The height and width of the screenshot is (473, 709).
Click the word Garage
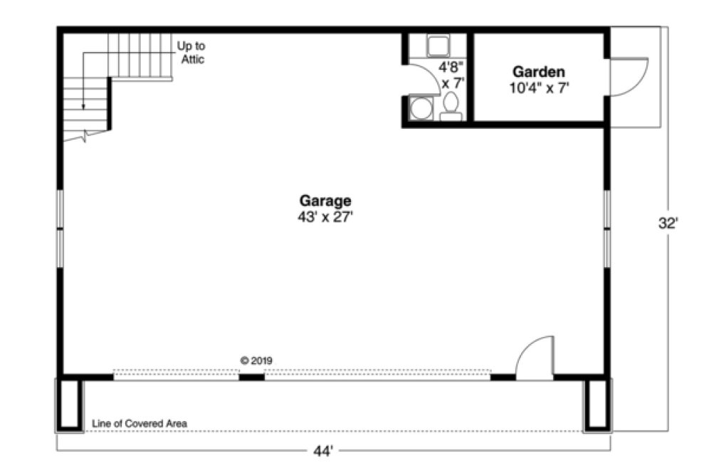pos(325,201)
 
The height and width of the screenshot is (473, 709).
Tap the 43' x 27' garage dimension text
pos(325,217)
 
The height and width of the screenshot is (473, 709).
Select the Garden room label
pos(539,72)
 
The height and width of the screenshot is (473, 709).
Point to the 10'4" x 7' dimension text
pos(539,88)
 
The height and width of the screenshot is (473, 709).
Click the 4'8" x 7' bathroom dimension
pos(451,76)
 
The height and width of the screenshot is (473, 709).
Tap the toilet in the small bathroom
pos(450,108)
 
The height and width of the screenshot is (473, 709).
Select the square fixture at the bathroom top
pos(436,46)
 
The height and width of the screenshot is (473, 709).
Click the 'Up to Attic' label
pos(191,53)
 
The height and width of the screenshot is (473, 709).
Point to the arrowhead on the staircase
pos(83,106)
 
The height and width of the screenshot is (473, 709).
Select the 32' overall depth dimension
pos(668,222)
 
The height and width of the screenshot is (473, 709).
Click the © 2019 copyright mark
pos(256,360)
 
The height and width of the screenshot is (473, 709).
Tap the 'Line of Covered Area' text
pos(140,424)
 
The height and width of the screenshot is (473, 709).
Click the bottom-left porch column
pos(70,405)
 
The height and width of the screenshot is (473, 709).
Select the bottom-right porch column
pos(597,405)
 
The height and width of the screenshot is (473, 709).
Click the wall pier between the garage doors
pos(251,376)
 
